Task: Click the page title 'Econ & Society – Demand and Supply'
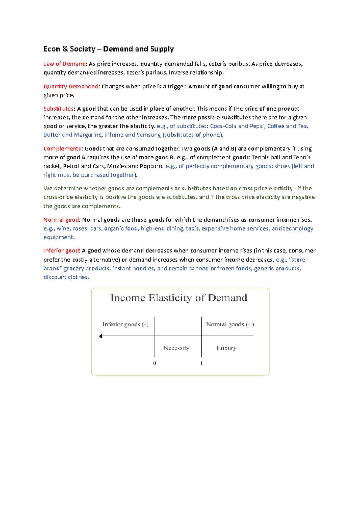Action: click(109, 49)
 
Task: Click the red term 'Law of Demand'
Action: click(64, 64)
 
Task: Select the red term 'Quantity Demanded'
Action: click(71, 87)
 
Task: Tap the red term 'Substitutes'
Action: click(58, 109)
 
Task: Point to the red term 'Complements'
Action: click(62, 149)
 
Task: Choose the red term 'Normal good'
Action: click(61, 220)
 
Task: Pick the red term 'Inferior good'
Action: click(61, 251)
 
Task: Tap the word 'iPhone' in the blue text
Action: click(114, 135)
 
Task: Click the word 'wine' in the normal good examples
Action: click(63, 228)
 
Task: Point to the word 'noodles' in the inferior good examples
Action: click(143, 269)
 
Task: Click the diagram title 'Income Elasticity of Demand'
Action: click(179, 298)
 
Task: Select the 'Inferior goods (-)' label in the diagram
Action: click(125, 324)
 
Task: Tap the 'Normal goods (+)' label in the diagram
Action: click(230, 324)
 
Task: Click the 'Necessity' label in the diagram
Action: click(176, 348)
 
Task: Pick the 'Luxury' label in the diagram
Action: click(226, 348)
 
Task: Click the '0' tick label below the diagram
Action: click(154, 363)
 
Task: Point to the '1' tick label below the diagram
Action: click(201, 363)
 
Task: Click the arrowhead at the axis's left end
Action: click(101, 336)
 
